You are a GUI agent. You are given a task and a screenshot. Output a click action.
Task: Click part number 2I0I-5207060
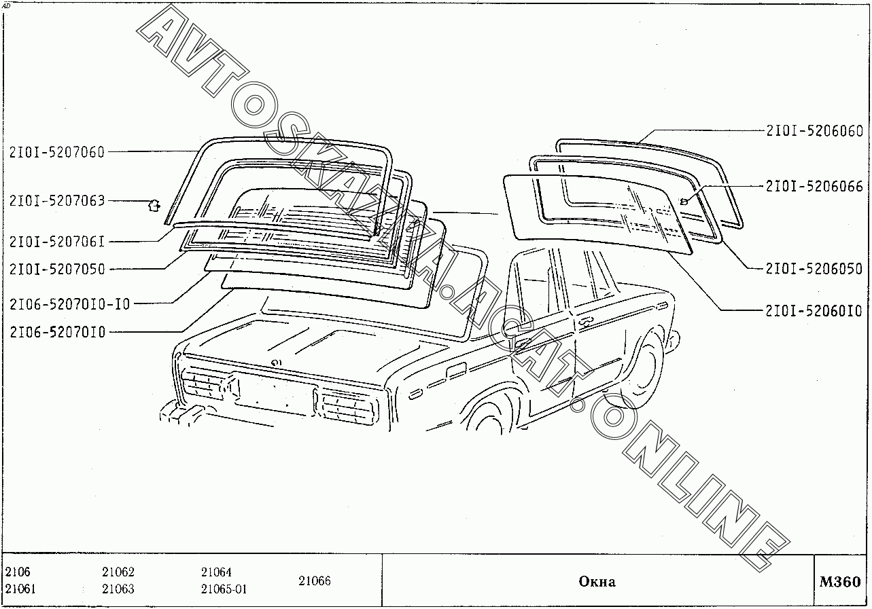coord(57,152)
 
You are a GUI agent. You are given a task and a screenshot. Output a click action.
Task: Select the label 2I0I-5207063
coord(57,200)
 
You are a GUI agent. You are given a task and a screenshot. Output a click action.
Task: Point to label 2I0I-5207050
coord(57,269)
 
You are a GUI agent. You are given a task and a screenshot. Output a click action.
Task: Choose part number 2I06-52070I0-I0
coord(69,303)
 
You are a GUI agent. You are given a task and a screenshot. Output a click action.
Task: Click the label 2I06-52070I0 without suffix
coord(57,332)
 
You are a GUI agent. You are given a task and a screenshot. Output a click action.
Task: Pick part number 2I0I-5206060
coord(814,131)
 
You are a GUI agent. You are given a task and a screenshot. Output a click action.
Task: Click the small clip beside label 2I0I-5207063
coord(155,203)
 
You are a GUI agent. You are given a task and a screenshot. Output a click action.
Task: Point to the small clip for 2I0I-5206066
coord(684,201)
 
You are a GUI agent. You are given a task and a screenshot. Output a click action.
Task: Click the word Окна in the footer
coord(597,581)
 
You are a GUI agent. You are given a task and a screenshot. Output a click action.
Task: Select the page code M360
coord(840,581)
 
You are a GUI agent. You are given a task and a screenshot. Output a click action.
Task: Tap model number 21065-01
coord(224,589)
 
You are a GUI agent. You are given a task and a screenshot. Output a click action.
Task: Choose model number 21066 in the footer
coord(314,580)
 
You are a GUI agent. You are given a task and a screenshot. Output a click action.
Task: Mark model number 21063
coord(118,589)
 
